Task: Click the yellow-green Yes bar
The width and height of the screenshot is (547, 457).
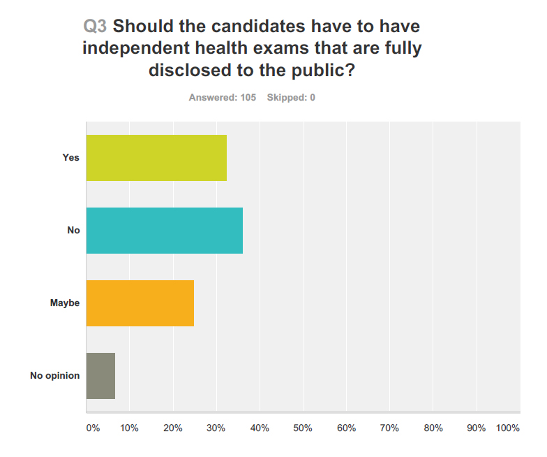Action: [156, 157]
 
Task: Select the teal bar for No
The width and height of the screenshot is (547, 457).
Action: [164, 230]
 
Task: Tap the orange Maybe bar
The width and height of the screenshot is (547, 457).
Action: [140, 303]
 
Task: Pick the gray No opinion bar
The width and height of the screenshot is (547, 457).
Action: [100, 375]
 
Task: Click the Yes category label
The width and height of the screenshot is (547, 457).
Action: [71, 157]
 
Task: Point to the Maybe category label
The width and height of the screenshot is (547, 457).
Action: [65, 303]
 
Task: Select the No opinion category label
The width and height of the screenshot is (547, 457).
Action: [55, 375]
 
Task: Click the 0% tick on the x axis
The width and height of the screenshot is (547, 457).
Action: [93, 428]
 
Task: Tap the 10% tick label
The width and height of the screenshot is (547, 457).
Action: [130, 428]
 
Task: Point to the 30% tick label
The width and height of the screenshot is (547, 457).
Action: [216, 428]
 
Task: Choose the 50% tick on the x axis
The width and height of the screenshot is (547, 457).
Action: [303, 428]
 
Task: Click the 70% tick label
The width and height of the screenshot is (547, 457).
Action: [389, 428]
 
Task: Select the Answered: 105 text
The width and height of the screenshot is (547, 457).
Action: [223, 98]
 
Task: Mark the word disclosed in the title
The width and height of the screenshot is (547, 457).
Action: [187, 72]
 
